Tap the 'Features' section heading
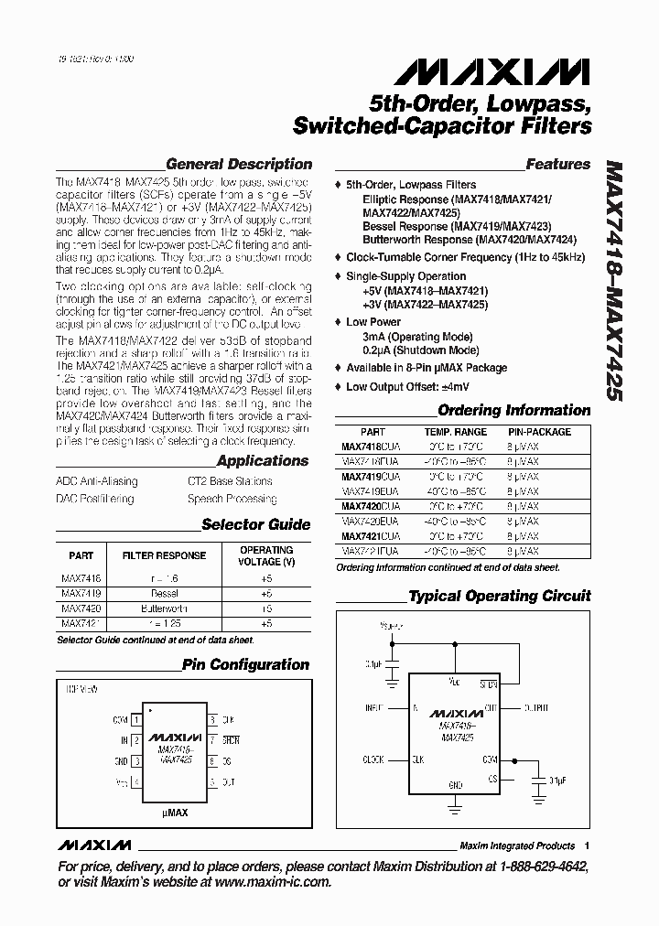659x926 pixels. point(557,165)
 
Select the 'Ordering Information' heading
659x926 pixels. point(513,411)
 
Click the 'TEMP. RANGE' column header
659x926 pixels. point(455,432)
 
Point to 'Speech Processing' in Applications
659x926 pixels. point(232,499)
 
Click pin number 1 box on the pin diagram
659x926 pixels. point(135,719)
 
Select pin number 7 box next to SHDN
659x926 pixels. point(212,739)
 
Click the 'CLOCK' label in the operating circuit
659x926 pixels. point(373,759)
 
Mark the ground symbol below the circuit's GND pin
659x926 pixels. point(454,806)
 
